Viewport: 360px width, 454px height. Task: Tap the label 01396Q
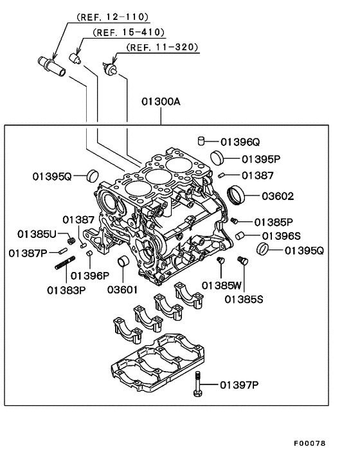tap(242, 141)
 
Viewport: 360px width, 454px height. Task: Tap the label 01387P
tap(29, 252)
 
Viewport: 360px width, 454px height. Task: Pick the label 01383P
tap(66, 289)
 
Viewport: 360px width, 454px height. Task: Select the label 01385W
tap(221, 284)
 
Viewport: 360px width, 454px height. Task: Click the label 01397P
tap(239, 385)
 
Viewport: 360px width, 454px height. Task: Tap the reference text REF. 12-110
tap(113, 16)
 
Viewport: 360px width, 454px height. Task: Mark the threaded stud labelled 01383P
tap(66, 265)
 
